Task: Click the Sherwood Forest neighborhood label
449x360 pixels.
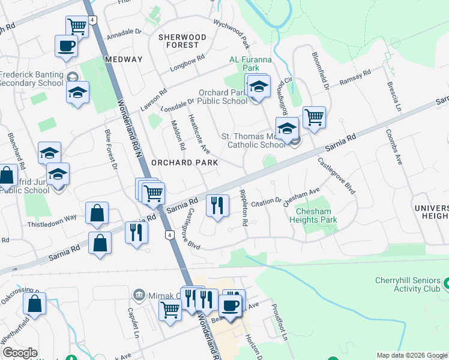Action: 182,41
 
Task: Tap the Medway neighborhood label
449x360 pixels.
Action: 123,59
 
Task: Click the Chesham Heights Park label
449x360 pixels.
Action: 316,215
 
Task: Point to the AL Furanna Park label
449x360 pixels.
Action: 250,64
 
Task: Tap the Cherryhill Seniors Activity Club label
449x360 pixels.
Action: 408,285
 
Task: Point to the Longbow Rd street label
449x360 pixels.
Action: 187,65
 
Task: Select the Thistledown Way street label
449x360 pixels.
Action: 52,218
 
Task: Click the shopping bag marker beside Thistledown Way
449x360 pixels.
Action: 97,213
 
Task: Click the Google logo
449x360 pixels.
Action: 20,353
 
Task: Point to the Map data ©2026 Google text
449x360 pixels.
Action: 412,355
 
